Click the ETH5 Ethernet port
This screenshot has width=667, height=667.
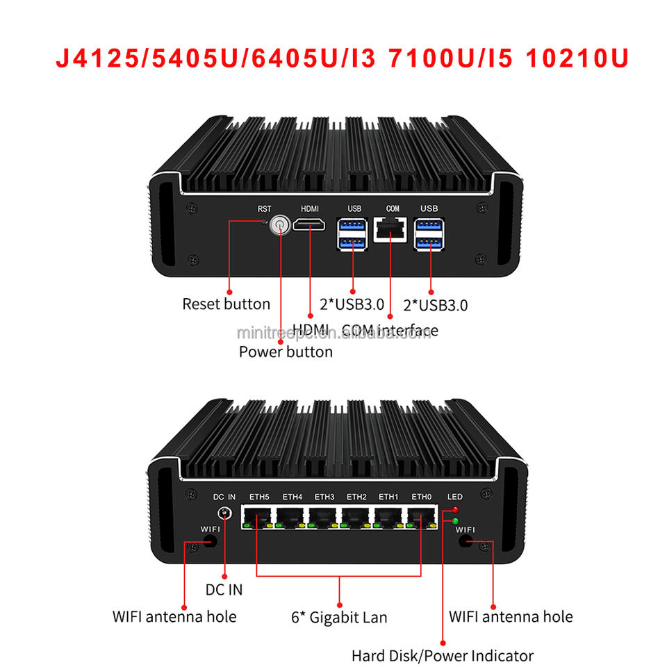coord(258,517)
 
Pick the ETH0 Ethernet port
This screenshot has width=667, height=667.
coord(421,517)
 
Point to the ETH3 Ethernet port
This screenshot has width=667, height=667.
coord(324,517)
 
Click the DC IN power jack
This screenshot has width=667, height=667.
coord(225,514)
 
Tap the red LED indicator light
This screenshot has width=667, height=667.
coord(455,511)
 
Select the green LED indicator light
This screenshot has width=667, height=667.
coord(455,520)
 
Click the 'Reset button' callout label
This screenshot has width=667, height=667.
coord(226,304)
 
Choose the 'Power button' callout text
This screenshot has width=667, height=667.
coord(286,352)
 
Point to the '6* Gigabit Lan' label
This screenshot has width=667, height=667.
coord(339,617)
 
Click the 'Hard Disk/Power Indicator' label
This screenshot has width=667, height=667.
coord(443,655)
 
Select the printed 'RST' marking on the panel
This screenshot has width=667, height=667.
coord(264,208)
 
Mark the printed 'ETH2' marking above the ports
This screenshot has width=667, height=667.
coord(356,497)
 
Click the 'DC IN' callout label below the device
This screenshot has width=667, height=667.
coord(224,590)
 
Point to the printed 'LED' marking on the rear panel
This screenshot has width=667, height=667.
coord(455,497)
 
